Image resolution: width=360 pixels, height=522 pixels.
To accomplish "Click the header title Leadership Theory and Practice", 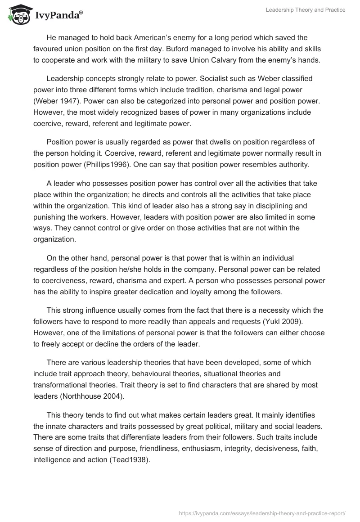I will [x=305, y=10].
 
